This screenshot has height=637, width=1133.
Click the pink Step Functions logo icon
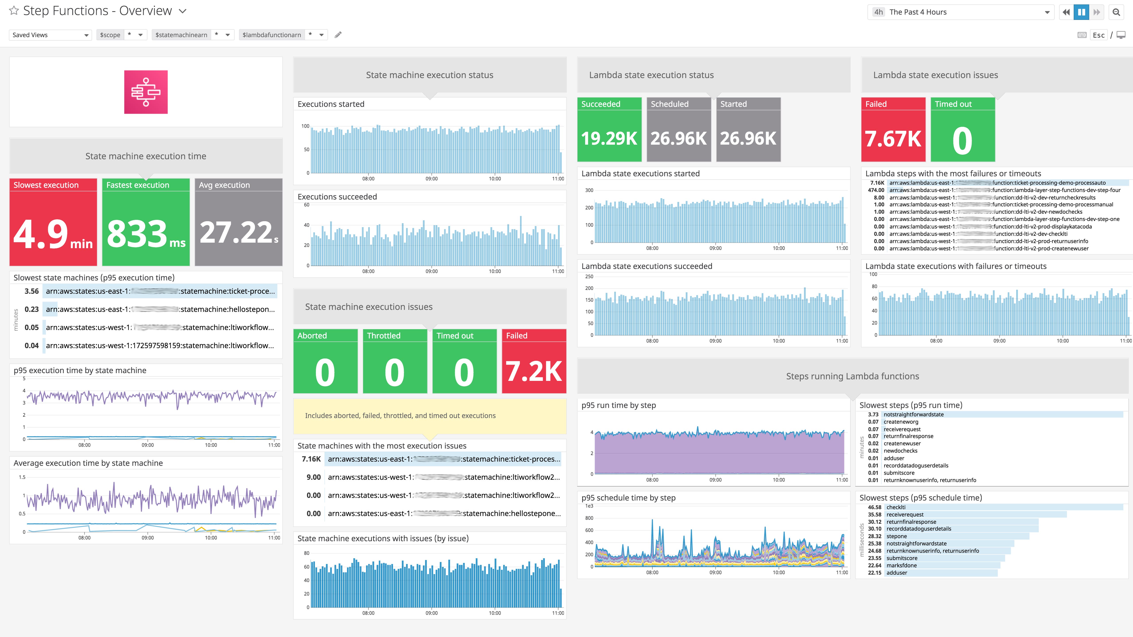pos(146,92)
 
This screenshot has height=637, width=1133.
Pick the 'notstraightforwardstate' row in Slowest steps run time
pos(913,414)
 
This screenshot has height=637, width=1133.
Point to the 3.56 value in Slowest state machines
pos(32,291)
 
